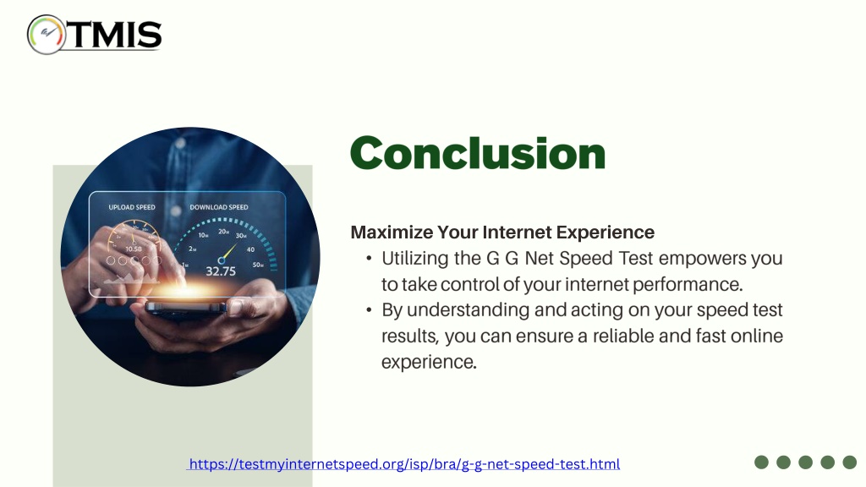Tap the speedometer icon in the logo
point(47,34)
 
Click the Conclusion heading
point(478,153)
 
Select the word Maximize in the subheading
point(392,233)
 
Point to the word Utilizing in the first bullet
point(414,259)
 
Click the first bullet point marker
point(369,259)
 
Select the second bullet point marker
point(369,309)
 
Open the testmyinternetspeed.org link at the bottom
point(404,464)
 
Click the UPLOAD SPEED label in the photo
point(132,208)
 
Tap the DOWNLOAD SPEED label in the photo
point(219,208)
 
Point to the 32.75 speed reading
point(221,271)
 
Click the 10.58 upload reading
point(134,249)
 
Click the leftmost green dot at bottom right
point(762,462)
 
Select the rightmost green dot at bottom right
point(849,462)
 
